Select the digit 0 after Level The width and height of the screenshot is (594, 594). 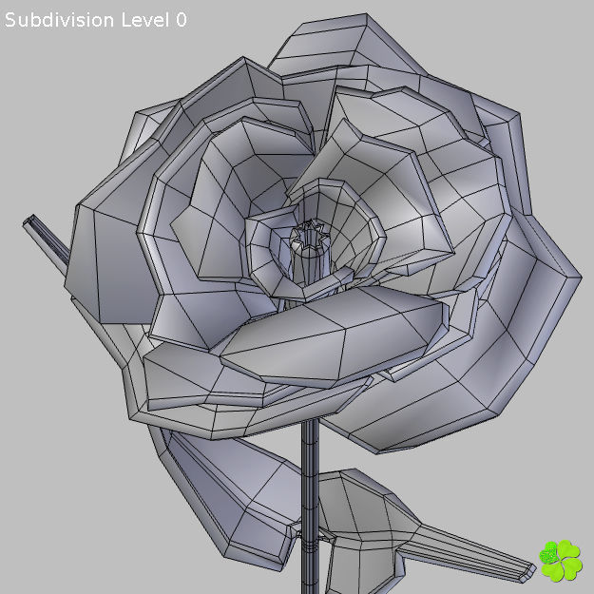pos(181,20)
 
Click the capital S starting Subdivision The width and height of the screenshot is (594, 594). pos(11,20)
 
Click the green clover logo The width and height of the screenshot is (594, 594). pos(561,561)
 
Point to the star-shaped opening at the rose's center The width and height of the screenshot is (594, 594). pos(310,234)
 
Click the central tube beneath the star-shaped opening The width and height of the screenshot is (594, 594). pos(308,261)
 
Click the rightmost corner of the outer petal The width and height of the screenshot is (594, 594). pos(579,278)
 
